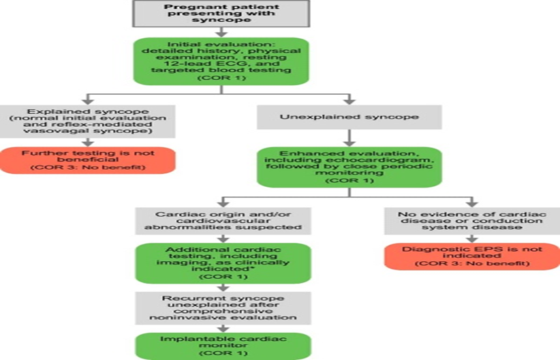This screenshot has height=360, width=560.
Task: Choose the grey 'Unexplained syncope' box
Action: click(349, 117)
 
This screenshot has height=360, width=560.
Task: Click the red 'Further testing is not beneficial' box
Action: click(87, 158)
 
